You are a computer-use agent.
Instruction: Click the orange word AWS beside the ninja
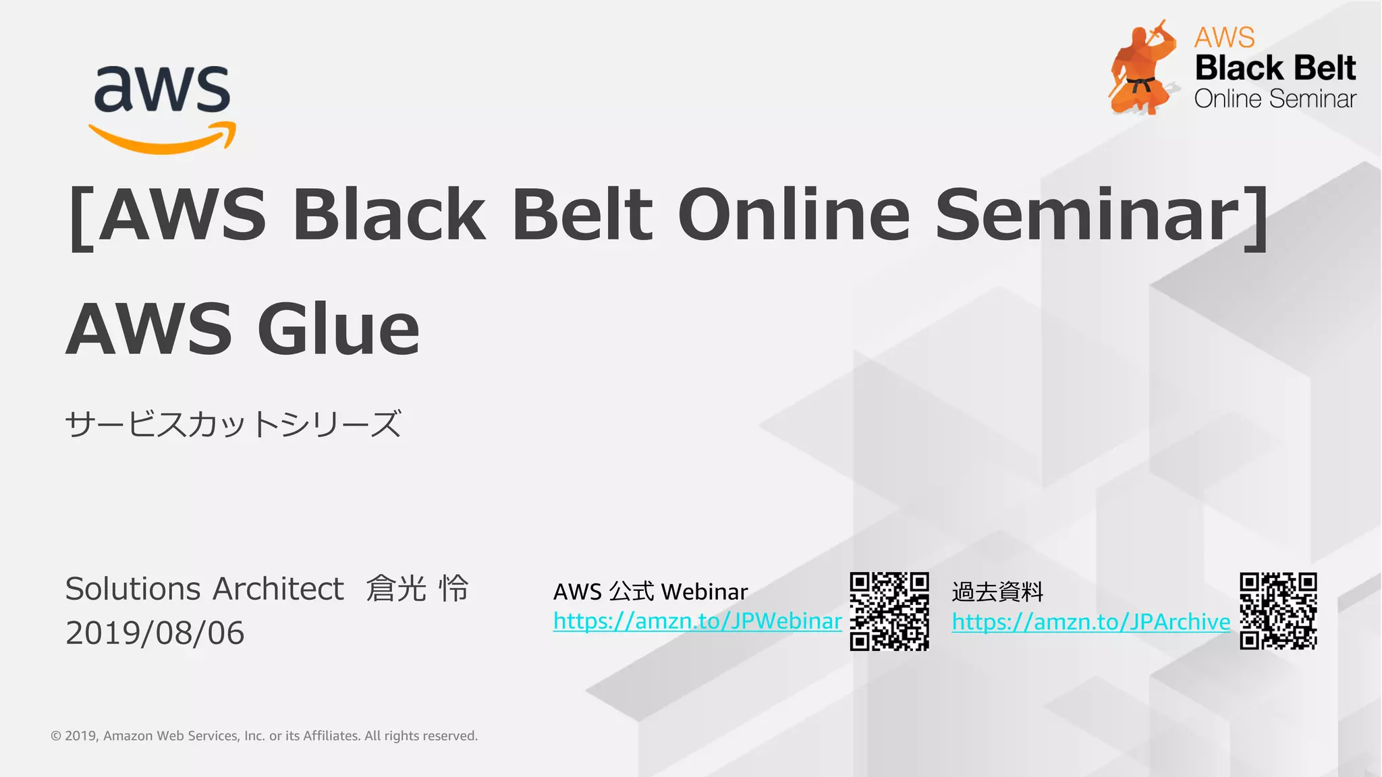click(x=1224, y=37)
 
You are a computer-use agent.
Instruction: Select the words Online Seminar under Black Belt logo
click(x=1275, y=99)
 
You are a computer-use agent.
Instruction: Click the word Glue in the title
click(x=339, y=329)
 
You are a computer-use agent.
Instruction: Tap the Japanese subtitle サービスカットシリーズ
click(x=233, y=424)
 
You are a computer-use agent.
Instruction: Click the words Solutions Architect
click(x=204, y=589)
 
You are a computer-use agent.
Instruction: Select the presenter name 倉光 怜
click(x=417, y=589)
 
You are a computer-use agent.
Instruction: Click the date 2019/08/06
click(x=155, y=633)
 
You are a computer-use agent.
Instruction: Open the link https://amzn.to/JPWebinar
click(x=697, y=621)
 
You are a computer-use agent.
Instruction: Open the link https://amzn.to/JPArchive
click(x=1090, y=622)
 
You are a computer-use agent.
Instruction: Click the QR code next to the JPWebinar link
click(x=889, y=611)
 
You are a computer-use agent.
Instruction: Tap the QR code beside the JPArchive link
click(x=1278, y=611)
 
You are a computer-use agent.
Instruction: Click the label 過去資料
click(x=997, y=592)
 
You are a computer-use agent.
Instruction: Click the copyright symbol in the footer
click(x=56, y=736)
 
